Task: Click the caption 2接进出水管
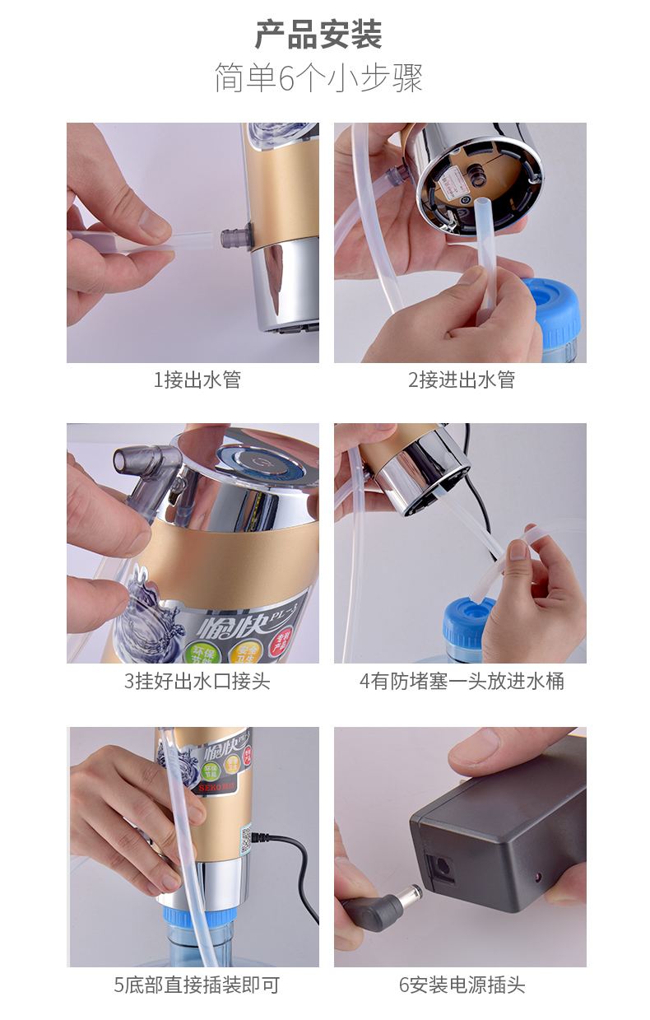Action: (461, 380)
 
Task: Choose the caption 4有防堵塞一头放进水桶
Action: (461, 682)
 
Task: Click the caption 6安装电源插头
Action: (461, 985)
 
